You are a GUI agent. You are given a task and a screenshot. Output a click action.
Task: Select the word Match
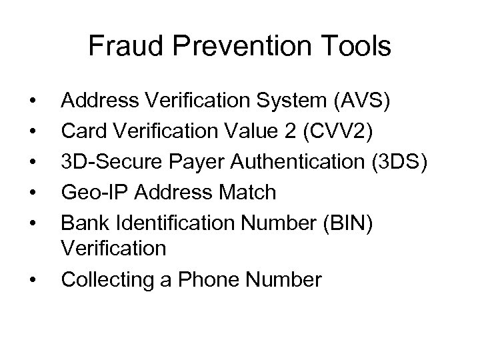pos(245,192)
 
